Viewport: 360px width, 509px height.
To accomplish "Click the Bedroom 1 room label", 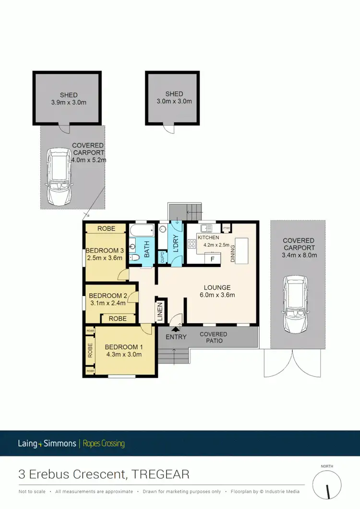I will click(x=123, y=347).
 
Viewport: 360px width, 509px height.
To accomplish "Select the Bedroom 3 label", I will click(x=105, y=250).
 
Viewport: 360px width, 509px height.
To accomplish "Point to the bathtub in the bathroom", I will click(x=141, y=230).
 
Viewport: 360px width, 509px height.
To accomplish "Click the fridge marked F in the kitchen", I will click(x=212, y=259).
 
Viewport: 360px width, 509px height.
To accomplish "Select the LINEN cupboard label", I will click(x=160, y=311).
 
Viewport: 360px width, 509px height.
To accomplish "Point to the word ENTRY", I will click(x=176, y=337).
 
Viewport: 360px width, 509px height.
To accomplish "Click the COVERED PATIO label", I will click(x=214, y=337).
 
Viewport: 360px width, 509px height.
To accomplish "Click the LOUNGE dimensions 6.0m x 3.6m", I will click(x=217, y=295).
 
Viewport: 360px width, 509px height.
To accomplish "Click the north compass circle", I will click(x=328, y=485).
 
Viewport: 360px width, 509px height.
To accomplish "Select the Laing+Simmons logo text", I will click(x=47, y=443).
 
